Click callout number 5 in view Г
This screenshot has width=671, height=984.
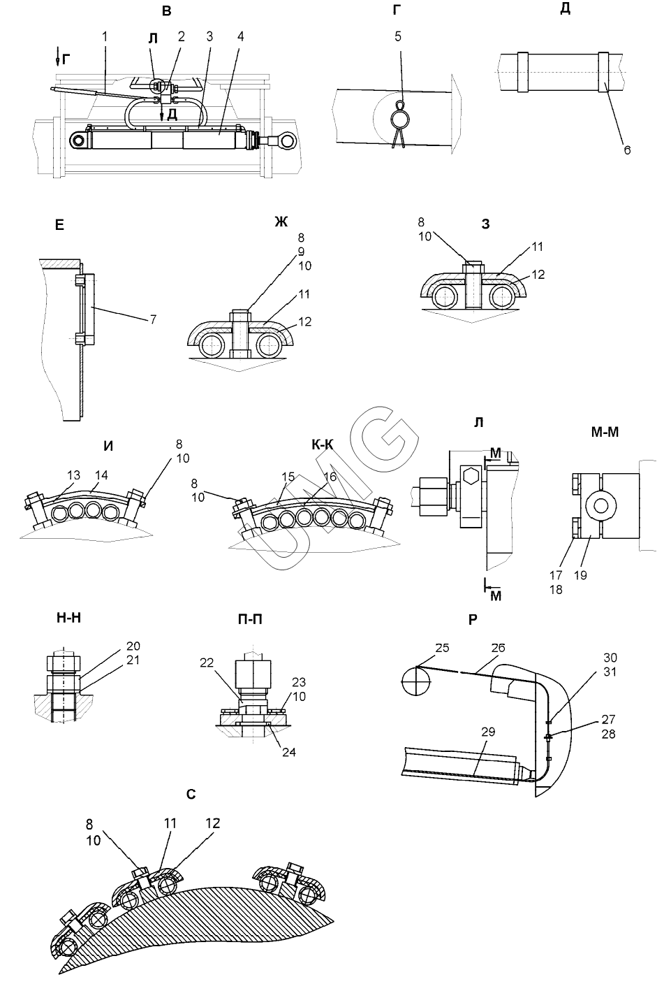click(398, 36)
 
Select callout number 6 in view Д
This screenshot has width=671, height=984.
click(627, 150)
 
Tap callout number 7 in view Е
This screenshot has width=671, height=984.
click(152, 319)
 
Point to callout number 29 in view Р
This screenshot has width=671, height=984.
click(488, 732)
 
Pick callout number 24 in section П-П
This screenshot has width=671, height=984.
click(288, 753)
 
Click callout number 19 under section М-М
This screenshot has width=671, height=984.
click(580, 575)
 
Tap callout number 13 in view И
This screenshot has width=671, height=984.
click(73, 476)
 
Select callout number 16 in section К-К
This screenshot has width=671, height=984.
click(329, 476)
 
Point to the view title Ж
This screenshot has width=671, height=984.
click(281, 222)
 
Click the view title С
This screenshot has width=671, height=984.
click(191, 795)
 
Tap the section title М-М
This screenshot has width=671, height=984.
click(605, 433)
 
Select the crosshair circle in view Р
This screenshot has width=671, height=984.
click(415, 679)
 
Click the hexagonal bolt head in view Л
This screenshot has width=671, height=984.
click(471, 477)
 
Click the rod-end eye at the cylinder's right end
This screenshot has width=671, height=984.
click(287, 142)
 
